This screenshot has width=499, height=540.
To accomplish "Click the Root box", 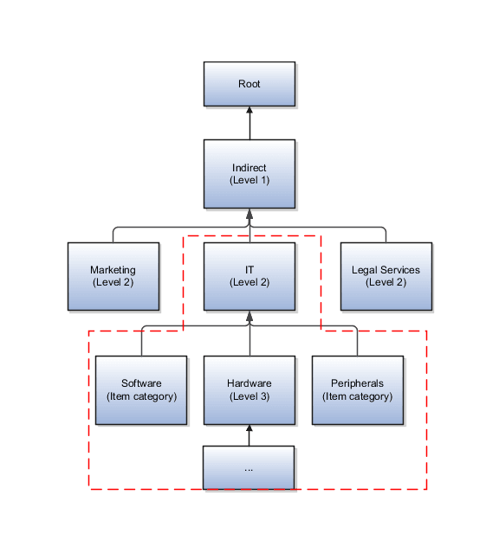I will (x=249, y=84).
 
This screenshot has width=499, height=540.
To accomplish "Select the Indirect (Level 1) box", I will (x=249, y=173).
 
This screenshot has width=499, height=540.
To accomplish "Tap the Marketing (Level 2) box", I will (x=113, y=276).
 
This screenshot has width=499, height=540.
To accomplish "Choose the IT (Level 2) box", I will (x=249, y=276).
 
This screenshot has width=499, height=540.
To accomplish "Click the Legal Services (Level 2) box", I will (x=386, y=276).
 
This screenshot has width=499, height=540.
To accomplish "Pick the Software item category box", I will (x=140, y=389).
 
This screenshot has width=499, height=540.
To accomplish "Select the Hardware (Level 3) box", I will (x=249, y=389).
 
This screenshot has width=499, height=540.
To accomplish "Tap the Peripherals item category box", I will (x=357, y=389).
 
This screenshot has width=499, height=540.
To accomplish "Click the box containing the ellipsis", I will (x=249, y=467).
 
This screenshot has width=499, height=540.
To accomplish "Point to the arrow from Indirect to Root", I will (x=249, y=124).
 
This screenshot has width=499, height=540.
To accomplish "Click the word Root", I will (x=249, y=84).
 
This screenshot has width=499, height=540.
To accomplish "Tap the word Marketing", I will (x=113, y=270).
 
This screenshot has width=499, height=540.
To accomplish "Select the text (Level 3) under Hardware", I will (x=249, y=396).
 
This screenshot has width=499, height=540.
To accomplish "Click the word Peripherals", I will (x=357, y=383).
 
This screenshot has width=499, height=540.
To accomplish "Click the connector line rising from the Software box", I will (x=141, y=341).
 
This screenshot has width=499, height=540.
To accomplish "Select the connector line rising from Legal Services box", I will (x=386, y=235).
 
